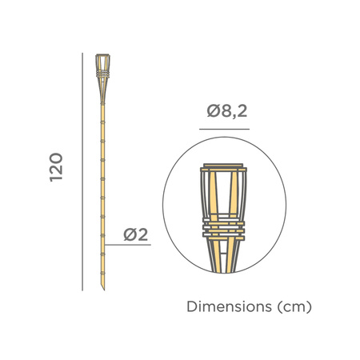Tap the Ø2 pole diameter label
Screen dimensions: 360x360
pyautogui.click(x=136, y=234)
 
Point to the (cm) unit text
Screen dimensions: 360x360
pyautogui.click(x=292, y=306)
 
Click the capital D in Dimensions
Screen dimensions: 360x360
pyautogui.click(x=190, y=306)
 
